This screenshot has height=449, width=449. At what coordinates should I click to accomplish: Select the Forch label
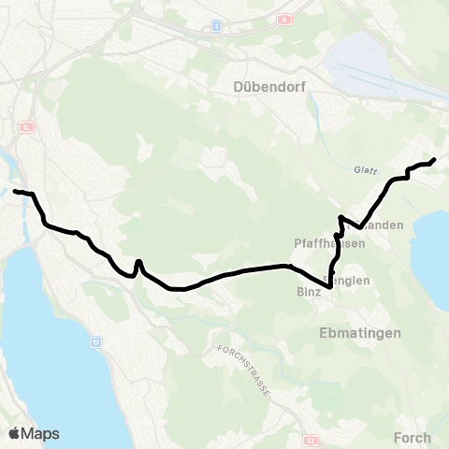tap(413, 437)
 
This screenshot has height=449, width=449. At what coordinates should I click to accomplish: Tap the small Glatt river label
tap(364, 169)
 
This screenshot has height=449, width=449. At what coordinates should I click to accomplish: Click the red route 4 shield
tap(284, 19)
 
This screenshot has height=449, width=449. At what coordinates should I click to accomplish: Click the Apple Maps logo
tap(34, 433)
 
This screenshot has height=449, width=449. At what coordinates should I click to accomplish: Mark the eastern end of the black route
tap(434, 160)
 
